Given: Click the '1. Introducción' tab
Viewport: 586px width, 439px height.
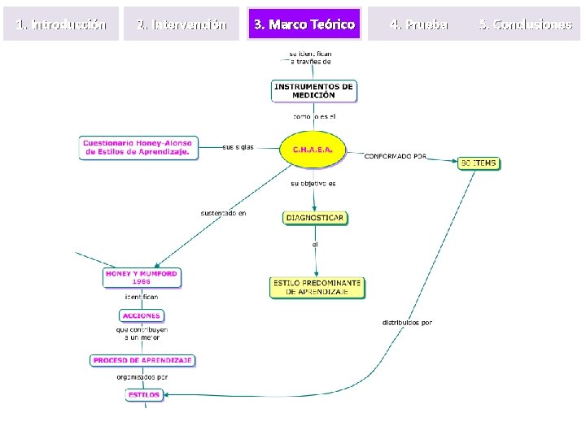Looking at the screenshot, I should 62,24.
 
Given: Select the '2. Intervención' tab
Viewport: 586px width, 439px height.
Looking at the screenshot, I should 182,24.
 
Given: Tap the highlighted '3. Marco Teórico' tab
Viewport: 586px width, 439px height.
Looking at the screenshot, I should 304,24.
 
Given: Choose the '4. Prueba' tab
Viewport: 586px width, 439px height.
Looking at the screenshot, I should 419,24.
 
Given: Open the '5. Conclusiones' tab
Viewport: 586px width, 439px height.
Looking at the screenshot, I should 526,24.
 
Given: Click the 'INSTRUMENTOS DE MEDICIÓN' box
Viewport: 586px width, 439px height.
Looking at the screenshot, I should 314,90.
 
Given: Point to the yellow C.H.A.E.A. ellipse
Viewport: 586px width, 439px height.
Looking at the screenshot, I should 313,150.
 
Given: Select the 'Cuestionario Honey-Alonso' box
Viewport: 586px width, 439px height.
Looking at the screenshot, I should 138,147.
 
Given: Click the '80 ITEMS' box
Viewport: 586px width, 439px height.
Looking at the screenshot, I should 478,163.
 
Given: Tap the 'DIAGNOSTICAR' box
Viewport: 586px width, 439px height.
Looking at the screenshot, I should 314,217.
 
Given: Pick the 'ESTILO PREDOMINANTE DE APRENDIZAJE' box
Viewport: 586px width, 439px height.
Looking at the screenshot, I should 317,287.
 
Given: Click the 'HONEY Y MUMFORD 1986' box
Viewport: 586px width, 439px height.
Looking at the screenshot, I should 141,277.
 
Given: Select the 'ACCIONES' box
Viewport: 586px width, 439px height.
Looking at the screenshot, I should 141,315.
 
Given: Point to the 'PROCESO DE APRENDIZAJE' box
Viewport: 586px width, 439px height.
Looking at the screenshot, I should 142,360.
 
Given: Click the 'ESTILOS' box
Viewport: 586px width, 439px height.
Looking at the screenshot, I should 142,395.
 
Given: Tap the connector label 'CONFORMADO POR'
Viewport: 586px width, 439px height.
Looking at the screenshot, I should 395,156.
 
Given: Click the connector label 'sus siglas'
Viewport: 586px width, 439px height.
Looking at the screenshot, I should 238,147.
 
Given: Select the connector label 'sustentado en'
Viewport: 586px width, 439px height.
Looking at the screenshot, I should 223,214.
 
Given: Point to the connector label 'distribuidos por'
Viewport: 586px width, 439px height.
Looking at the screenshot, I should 407,323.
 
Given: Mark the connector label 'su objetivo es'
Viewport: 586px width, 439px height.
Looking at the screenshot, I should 313,184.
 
